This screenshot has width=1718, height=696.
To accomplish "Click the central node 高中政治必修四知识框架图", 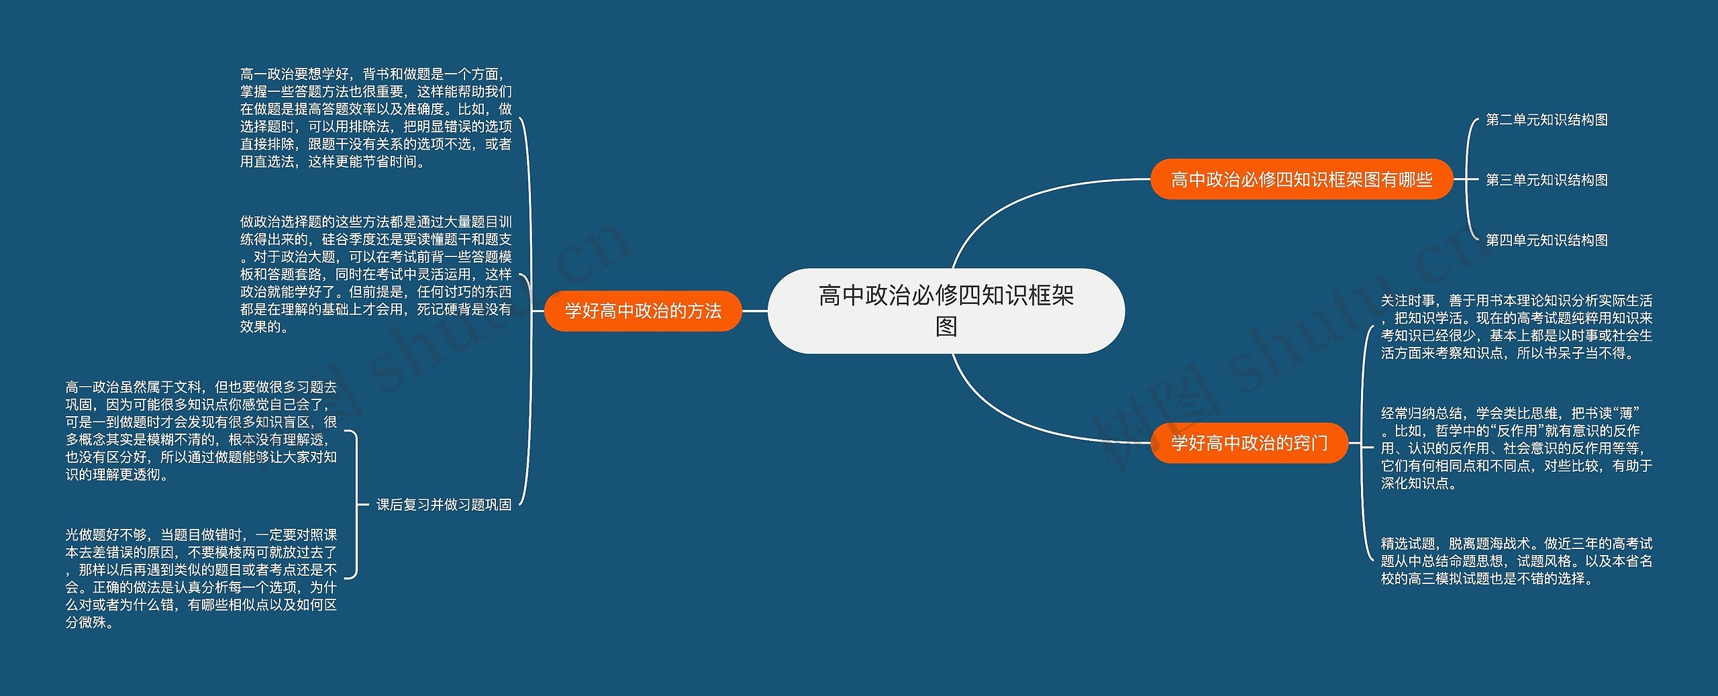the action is click(946, 310).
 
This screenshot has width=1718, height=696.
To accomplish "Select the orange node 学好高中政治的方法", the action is click(643, 311).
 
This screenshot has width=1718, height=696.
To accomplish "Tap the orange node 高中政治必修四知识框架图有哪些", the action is click(1301, 179).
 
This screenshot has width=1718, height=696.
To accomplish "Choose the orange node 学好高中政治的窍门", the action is click(1249, 443).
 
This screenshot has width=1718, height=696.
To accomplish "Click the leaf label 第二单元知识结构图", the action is click(1546, 120).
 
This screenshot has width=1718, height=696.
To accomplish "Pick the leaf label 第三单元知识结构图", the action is click(1546, 180).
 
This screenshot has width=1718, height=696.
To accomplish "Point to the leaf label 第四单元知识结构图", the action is click(1546, 240).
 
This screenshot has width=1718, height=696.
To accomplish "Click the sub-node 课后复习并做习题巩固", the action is click(444, 505).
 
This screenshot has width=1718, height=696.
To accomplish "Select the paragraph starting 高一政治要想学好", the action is click(376, 117).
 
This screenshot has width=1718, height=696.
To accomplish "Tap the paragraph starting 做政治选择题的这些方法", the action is click(376, 274).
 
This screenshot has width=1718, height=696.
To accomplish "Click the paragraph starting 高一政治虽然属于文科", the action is click(201, 431).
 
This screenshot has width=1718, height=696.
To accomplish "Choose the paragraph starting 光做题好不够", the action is click(201, 579).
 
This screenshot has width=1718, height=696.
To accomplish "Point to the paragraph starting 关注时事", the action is click(1516, 327).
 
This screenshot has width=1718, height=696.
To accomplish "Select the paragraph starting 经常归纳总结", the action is click(1516, 448).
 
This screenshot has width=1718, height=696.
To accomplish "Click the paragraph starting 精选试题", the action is click(1516, 561).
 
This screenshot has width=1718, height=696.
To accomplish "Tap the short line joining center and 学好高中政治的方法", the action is click(754, 311).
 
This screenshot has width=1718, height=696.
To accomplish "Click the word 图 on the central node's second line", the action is click(946, 327).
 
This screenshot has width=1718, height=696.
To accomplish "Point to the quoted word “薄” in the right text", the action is click(1625, 413).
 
